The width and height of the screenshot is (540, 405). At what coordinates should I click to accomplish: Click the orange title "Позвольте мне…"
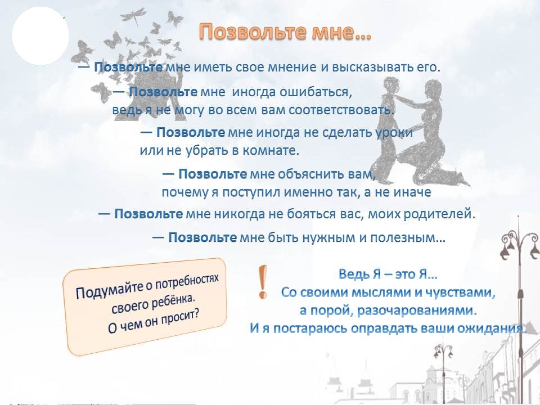pos(285,32)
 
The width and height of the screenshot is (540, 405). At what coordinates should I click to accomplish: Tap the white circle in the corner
pos(40,36)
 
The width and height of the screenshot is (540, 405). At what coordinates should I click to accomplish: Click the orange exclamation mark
pos(263,282)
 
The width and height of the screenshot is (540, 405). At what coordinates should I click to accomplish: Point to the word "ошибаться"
pos(316,92)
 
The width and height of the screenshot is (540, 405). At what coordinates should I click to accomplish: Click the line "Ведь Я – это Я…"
pos(388,274)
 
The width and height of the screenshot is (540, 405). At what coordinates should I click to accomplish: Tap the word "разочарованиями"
pos(417,310)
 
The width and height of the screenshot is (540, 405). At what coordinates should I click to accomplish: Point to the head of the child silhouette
pos(391,85)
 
